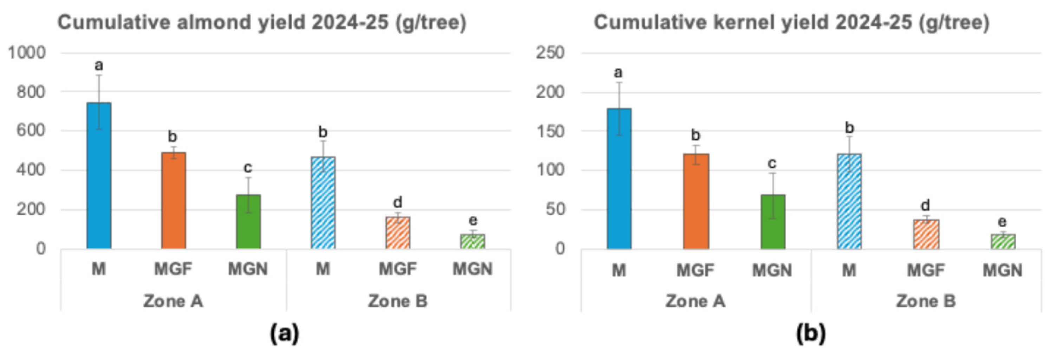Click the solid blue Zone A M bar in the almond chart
pyautogui.click(x=99, y=176)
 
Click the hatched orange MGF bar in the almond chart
pyautogui.click(x=398, y=233)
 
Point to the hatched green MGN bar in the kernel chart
pyautogui.click(x=1003, y=242)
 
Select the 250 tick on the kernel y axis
pyautogui.click(x=550, y=53)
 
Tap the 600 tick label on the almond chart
pyautogui.click(x=31, y=131)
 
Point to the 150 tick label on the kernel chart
pyautogui.click(x=550, y=131)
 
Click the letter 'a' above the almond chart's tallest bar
pyautogui.click(x=99, y=65)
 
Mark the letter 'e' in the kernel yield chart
pyautogui.click(x=1002, y=222)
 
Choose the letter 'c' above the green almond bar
pyautogui.click(x=248, y=167)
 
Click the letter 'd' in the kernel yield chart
pyautogui.click(x=926, y=205)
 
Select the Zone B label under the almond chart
pyautogui.click(x=397, y=301)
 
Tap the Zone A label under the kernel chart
pyautogui.click(x=695, y=301)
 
